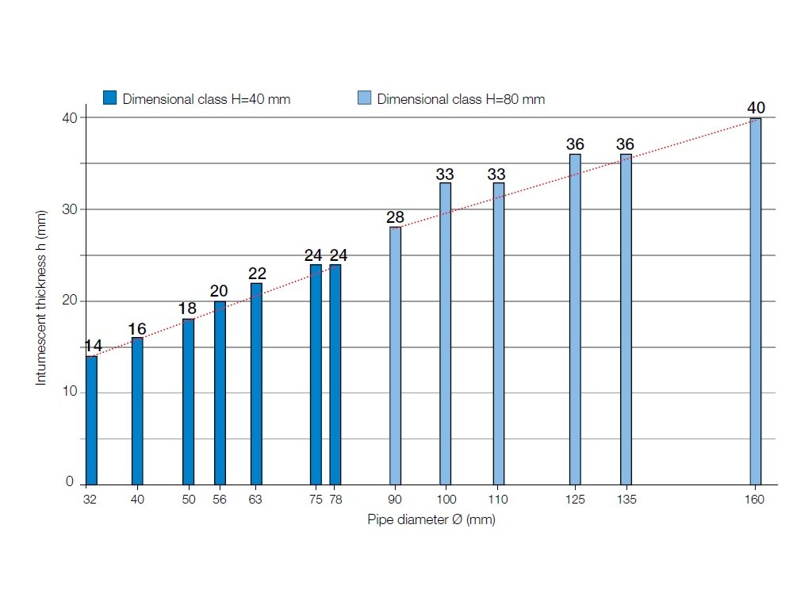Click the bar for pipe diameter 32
[91, 420]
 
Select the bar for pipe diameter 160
[755, 301]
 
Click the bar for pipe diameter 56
[220, 393]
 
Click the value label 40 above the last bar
[756, 108]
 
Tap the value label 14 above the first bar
[94, 346]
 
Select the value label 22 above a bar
[256, 274]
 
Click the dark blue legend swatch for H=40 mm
[110, 98]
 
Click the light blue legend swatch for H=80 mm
[364, 98]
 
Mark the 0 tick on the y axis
[70, 483]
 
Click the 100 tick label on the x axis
[446, 500]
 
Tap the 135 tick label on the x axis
[626, 500]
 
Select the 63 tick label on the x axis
[255, 500]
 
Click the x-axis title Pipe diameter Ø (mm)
[431, 519]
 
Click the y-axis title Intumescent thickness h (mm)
[41, 298]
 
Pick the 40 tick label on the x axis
[137, 500]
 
